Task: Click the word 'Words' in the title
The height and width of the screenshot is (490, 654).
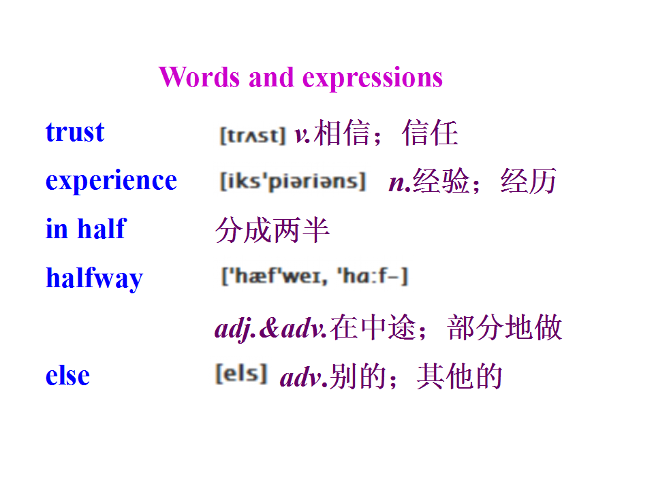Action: coord(200,77)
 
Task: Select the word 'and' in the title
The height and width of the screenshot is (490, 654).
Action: coord(271,77)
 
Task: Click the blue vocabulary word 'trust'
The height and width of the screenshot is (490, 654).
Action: coord(75,132)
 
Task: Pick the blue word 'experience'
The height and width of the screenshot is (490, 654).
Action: coord(111,181)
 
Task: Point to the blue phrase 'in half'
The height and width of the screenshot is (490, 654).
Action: coord(86,229)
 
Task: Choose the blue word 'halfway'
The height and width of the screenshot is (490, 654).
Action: coord(94,278)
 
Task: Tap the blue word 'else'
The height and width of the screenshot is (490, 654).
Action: coord(67,375)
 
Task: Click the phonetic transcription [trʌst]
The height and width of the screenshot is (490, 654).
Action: coord(253,135)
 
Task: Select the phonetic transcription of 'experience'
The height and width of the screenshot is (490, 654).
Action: coord(293,181)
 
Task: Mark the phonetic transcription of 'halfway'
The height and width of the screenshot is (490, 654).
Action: coord(315,276)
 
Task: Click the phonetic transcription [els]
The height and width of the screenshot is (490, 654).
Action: coord(241,374)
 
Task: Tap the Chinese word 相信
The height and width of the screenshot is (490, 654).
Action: coord(342,133)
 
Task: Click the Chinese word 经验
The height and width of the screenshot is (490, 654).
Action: coord(441,181)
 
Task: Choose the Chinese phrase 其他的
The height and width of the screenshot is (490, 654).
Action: coord(459,376)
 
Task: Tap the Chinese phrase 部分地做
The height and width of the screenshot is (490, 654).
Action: coord(505,327)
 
